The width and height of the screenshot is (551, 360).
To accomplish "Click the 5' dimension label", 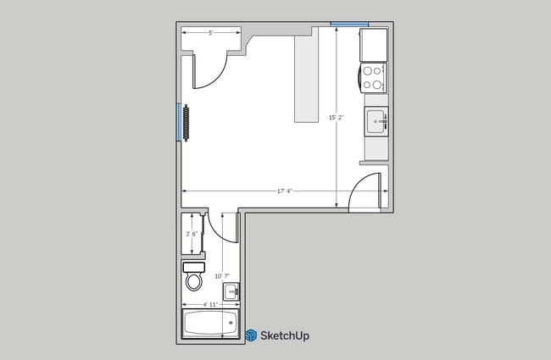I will pos(210,32).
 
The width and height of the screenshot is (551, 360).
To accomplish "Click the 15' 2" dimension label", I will pos(337,118).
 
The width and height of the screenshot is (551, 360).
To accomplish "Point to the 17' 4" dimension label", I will pos(284,191).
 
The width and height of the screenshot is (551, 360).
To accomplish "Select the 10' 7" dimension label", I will pos(221,276).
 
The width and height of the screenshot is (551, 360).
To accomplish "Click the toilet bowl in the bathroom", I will pos(194,280).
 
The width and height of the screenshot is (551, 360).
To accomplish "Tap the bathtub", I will pos(210,323).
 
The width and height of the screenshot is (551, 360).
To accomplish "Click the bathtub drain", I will pos(231,323).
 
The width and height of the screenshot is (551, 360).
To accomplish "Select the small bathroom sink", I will pos(229,291).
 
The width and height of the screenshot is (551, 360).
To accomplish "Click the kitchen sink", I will pos(376,122).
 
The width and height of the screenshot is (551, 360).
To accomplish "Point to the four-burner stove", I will pos(373,78).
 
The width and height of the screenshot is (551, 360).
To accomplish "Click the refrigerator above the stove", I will pos(373,44).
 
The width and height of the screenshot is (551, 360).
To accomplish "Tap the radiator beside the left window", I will pos(186,124).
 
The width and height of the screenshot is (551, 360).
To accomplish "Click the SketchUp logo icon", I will pos(251,335).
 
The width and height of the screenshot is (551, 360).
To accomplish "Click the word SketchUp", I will pos(285,335).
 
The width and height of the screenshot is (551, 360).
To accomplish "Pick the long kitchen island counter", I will pos(304,80).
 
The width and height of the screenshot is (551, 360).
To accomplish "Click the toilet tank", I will pos(193,267).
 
